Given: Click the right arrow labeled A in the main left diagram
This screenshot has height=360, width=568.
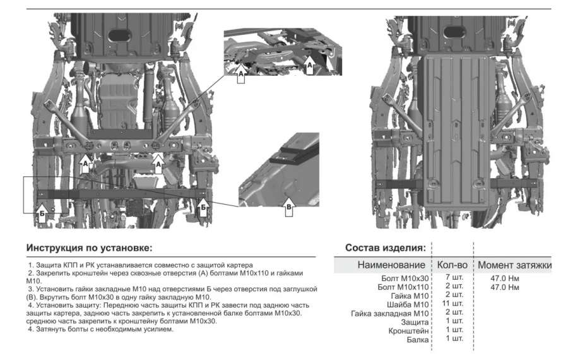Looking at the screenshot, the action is click(158, 164).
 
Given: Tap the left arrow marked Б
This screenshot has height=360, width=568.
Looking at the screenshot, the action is click(42, 212).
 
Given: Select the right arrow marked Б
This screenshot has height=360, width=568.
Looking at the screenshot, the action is click(203, 207).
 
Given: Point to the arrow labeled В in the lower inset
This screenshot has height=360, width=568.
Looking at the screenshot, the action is click(288, 207).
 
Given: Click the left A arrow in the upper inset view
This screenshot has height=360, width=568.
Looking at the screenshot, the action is click(241, 73).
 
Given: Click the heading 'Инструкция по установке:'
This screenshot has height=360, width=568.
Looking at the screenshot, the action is click(90, 248).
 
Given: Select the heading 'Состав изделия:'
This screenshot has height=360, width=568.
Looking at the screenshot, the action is click(386, 248).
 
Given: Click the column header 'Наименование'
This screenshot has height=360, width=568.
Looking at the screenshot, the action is click(391, 265).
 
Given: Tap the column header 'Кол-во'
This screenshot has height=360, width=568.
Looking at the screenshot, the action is click(452, 265).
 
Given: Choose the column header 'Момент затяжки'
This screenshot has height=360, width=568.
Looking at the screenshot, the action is click(515, 265).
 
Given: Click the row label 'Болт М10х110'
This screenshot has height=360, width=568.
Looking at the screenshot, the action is click(403, 287).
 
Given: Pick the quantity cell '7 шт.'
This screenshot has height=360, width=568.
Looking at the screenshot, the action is click(454, 277).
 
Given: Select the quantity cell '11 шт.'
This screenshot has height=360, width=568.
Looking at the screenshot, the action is click(453, 303).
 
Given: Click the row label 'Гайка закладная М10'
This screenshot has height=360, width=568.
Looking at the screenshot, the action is click(390, 313).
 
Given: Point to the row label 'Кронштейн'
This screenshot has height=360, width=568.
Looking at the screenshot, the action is click(408, 331).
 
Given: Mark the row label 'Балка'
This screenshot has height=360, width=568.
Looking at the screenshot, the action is click(418, 340).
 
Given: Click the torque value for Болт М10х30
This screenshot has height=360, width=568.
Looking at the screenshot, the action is click(505, 279).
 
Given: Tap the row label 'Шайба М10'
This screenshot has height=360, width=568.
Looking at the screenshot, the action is click(408, 304).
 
